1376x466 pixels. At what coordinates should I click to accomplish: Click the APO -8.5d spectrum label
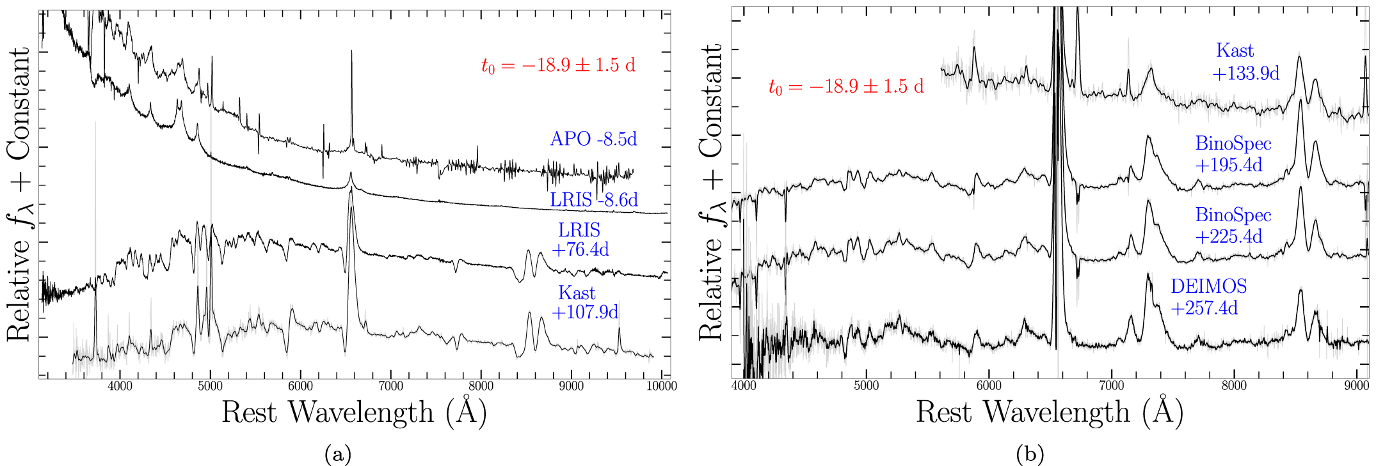coord(593,139)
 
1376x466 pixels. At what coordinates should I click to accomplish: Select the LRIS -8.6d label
coord(594,200)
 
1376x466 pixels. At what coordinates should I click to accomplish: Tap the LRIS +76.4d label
coord(580,239)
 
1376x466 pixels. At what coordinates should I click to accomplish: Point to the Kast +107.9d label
coord(584,302)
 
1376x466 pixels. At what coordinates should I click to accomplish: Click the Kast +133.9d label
coord(1245,62)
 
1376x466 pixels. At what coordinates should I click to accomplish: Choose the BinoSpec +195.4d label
coord(1233,154)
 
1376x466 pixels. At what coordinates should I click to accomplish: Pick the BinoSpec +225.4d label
coord(1233,226)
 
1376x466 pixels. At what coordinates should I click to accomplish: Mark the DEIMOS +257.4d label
coord(1208,297)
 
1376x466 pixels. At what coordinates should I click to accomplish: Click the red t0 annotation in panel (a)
coord(558,66)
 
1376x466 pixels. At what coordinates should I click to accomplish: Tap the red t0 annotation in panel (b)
coord(846,87)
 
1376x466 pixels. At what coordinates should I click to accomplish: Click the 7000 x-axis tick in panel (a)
coord(390,386)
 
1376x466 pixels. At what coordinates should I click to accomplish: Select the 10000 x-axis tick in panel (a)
coord(661,386)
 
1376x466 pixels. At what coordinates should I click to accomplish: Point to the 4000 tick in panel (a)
coord(120,386)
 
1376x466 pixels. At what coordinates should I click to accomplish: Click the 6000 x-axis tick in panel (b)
coord(988,386)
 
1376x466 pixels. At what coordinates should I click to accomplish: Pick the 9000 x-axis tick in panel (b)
coord(1356,386)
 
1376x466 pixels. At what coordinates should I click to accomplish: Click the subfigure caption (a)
coord(338,454)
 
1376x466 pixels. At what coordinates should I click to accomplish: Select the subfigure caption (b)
coord(1030,454)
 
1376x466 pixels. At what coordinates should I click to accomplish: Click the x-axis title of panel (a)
coord(354,412)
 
